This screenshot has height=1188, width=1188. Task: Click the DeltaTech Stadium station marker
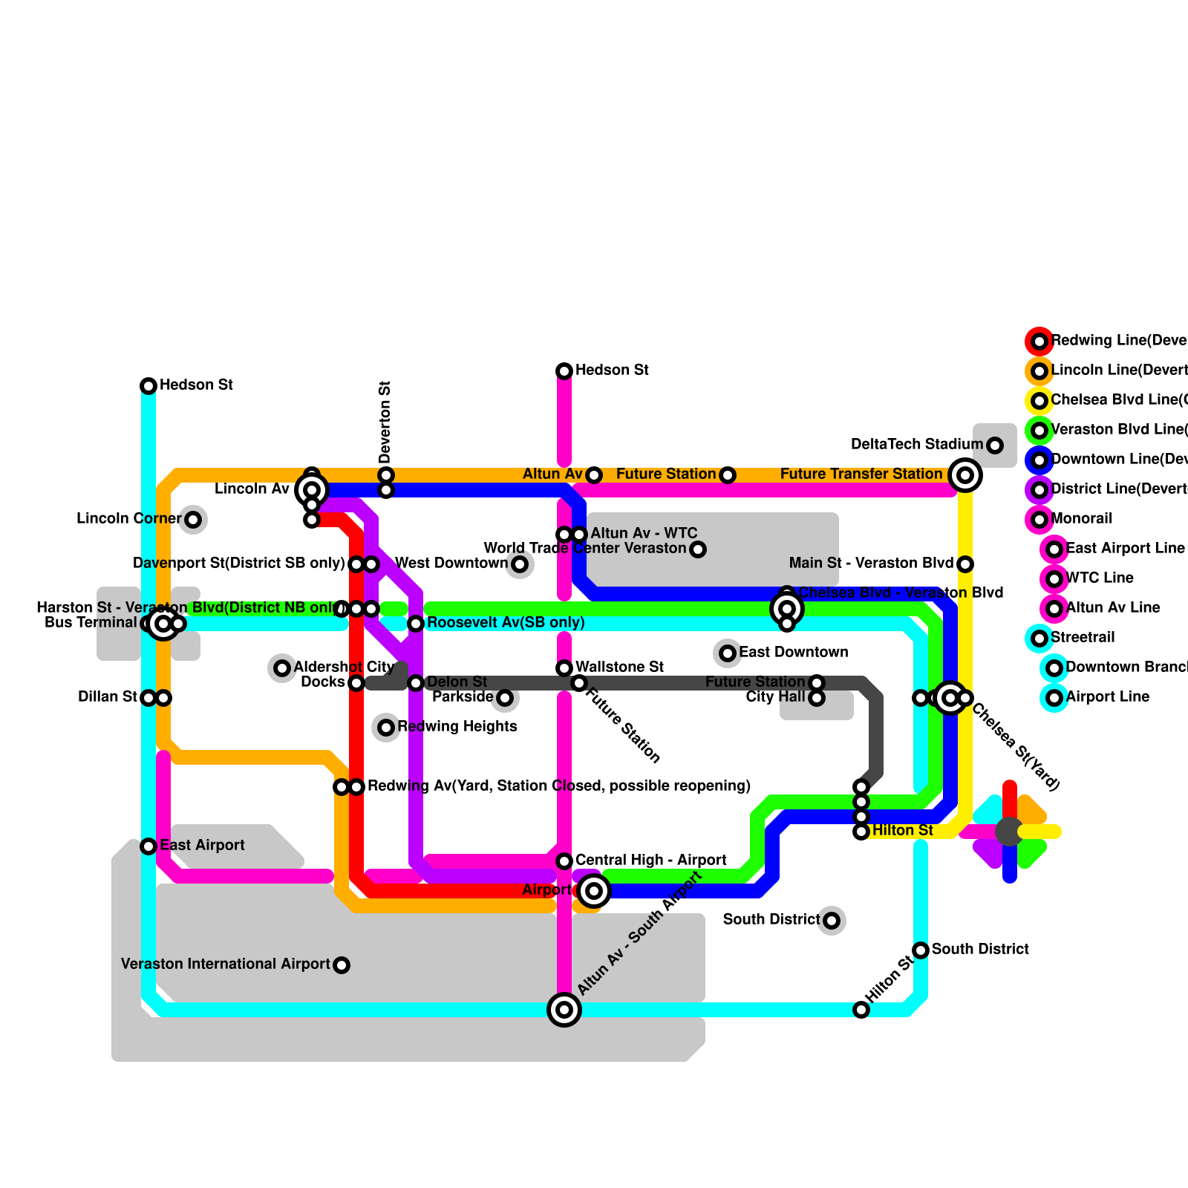click(x=995, y=446)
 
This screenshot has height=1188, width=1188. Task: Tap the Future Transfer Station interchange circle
click(x=965, y=475)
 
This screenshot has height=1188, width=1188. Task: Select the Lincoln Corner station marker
click(x=193, y=520)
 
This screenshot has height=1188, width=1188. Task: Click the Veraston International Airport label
click(x=225, y=964)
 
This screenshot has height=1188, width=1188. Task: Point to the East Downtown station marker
click(x=728, y=653)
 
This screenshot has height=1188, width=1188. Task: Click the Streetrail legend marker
click(x=1039, y=638)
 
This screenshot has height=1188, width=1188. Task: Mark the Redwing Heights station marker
click(x=386, y=728)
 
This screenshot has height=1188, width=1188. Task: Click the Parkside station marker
click(x=505, y=698)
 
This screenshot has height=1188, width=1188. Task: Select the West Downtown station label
click(x=451, y=563)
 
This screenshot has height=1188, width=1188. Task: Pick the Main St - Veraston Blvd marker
click(x=965, y=564)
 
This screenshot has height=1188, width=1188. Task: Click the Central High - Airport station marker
click(x=564, y=861)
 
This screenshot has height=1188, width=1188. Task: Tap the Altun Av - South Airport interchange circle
click(x=564, y=1010)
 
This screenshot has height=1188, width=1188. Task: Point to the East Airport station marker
click(x=148, y=846)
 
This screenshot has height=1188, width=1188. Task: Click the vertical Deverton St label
click(x=385, y=422)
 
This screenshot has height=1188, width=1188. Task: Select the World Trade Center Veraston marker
click(x=698, y=549)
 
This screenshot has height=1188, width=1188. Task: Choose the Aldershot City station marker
click(x=282, y=668)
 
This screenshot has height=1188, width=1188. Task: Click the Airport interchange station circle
click(x=594, y=891)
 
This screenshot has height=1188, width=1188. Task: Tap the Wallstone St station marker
click(x=564, y=668)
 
